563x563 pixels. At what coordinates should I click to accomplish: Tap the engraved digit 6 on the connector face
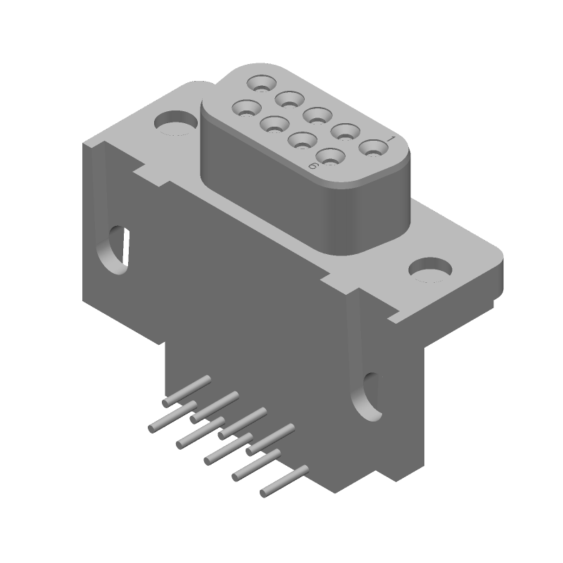click(312, 165)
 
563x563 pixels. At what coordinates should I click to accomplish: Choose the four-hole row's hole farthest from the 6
click(246, 108)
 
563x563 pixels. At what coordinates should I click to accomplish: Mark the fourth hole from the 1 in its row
click(289, 97)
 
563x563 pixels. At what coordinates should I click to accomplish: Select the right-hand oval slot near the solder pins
click(369, 396)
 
